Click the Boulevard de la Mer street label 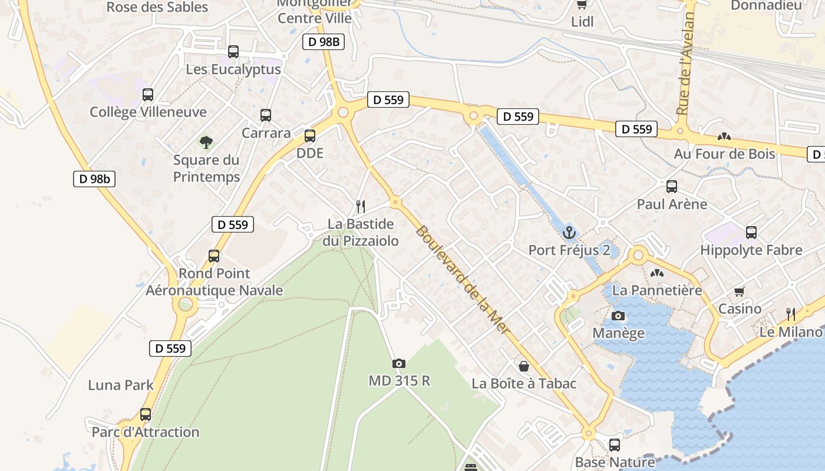pos(463,280)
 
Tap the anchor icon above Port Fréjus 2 pos(569,232)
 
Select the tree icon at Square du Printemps pos(206,142)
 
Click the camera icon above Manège pos(618,316)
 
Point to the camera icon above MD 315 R pos(399,363)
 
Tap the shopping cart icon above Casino pos(740,291)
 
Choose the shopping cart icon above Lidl pos(582,5)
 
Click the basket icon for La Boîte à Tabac pos(523,366)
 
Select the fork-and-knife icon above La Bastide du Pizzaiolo pos(361,207)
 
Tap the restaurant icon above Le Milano pos(791,314)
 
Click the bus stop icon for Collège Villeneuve pos(148,94)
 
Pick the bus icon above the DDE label pos(310,136)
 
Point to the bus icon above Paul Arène pos(672,187)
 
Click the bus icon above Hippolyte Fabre pos(751,233)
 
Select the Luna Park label pos(121,385)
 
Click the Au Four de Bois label pos(725,154)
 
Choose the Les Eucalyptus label pos(233,69)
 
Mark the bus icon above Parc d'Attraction pos(146,414)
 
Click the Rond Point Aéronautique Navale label pos(214,282)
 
